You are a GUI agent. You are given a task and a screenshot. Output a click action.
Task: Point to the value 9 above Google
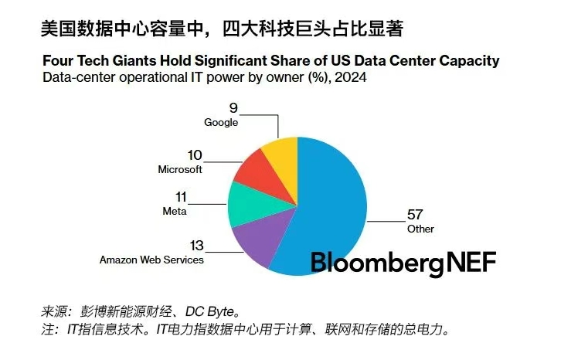click(233, 108)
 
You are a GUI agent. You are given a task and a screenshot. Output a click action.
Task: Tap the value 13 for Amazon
click(196, 246)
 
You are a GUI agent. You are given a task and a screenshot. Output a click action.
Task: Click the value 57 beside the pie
click(415, 215)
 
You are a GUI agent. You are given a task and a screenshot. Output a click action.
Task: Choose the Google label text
click(221, 122)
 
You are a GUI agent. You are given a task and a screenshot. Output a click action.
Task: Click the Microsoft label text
click(179, 169)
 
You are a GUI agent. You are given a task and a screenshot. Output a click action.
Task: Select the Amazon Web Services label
click(151, 260)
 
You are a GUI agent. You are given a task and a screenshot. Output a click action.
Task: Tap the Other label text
click(420, 229)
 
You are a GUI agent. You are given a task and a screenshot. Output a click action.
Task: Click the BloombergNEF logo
click(403, 262)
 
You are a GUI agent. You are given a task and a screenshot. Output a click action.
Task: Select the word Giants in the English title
click(131, 60)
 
